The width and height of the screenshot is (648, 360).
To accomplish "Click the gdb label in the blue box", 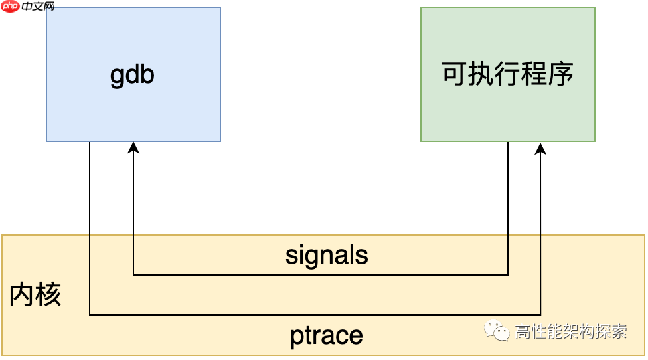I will [133, 74].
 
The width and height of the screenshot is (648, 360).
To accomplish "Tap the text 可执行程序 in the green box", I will [507, 74].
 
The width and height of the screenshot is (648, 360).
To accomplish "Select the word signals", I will [327, 255].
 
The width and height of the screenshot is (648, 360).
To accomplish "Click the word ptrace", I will [327, 335].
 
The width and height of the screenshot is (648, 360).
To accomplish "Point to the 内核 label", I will [35, 295].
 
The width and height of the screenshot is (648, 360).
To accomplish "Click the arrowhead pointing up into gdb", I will [133, 147].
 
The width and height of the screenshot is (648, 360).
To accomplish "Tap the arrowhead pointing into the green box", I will [540, 147].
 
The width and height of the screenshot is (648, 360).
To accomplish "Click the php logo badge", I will [11, 7].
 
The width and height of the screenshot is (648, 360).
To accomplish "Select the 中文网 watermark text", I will [37, 7].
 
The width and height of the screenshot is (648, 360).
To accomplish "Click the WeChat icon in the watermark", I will [497, 331].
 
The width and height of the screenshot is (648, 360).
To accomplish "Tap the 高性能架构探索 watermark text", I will [570, 331].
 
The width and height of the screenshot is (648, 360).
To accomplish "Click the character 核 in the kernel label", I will [48, 295].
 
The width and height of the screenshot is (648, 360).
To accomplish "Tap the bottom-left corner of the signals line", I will [133, 274].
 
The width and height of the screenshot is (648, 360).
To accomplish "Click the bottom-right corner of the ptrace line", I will [540, 314].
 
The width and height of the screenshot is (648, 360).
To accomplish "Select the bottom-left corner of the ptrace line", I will [90, 314].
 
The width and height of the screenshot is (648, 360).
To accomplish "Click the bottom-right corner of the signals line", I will [508, 274].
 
